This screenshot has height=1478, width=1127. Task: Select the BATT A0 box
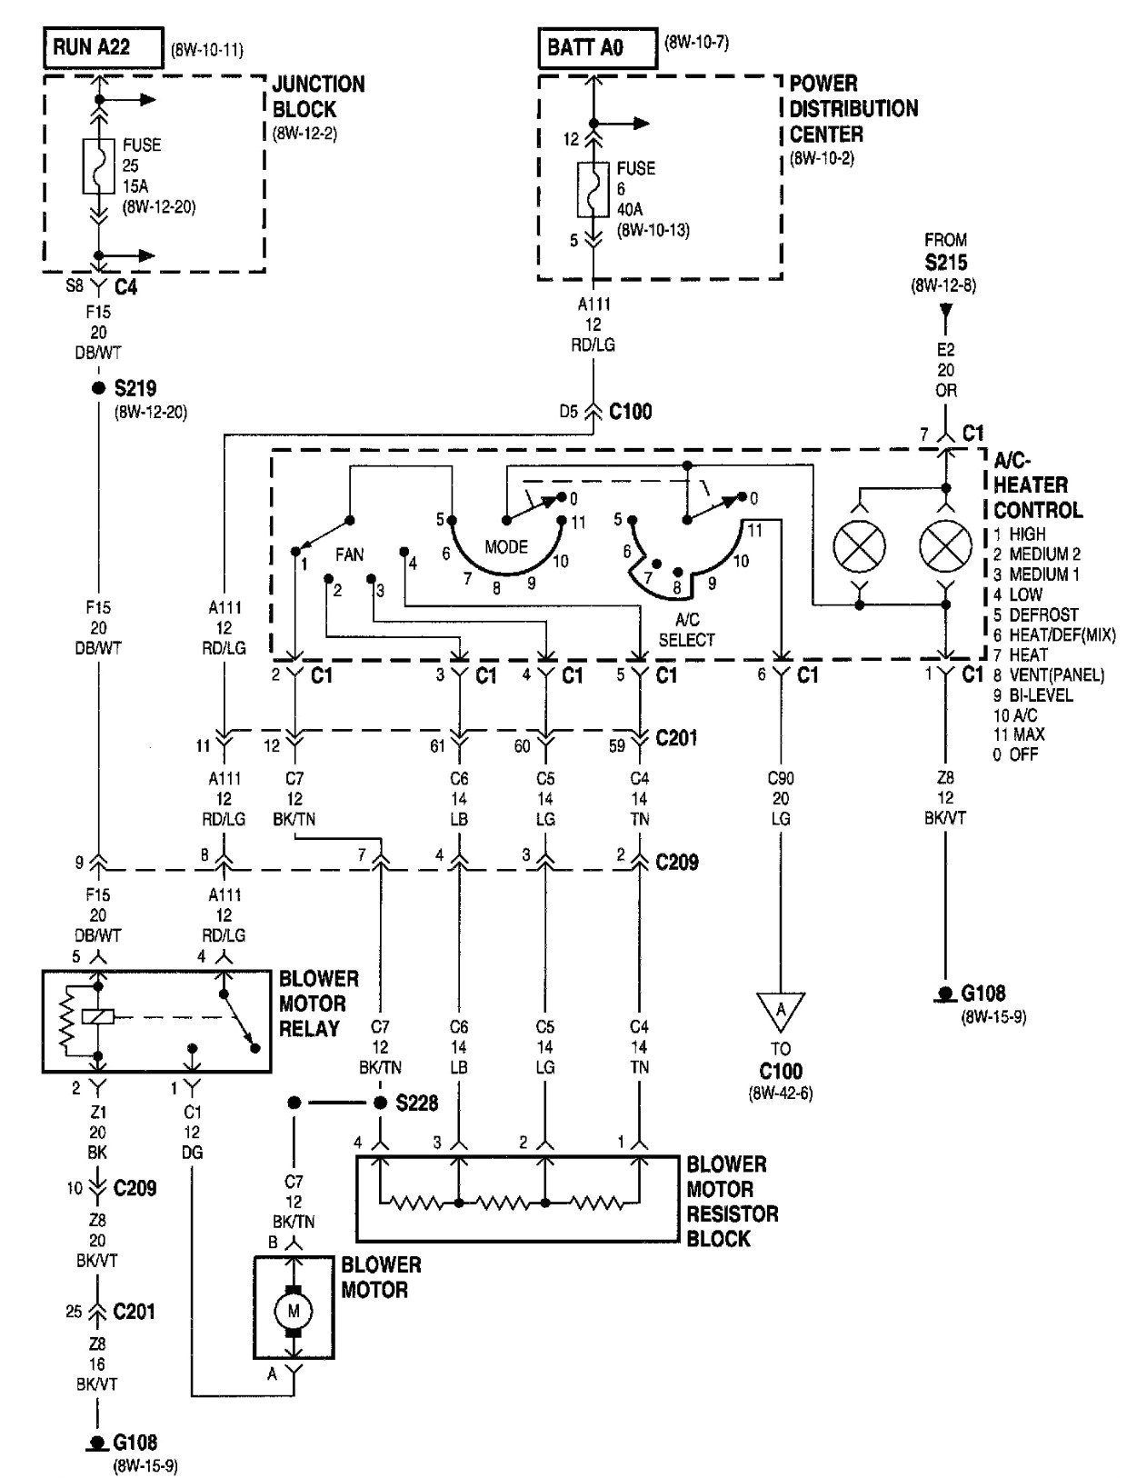pos(598,48)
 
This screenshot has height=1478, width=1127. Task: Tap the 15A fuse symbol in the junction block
pos(99,166)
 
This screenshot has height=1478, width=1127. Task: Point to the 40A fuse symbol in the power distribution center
pos(593,189)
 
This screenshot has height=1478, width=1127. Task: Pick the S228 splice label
pos(416,1103)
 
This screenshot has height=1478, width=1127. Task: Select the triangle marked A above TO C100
pos(781,1010)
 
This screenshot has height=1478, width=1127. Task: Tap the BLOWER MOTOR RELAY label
pos(318,1004)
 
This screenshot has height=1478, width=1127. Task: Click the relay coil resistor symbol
pos(65,1018)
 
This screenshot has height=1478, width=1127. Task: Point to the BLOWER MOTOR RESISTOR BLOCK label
pos(732,1201)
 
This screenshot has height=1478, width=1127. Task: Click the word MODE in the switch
pos(505,547)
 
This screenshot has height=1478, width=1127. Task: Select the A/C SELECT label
pos(686,629)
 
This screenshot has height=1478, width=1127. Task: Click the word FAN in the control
pos(350,554)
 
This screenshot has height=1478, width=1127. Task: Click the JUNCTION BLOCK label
pos(318,96)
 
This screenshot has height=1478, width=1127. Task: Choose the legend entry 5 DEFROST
pos(1036,614)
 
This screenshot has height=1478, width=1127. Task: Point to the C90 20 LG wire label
pos(781,798)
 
